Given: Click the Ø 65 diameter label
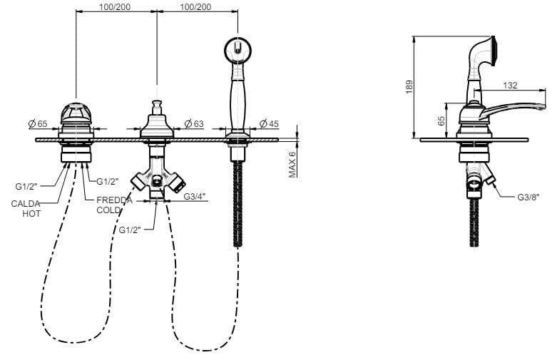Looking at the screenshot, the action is click(x=38, y=124).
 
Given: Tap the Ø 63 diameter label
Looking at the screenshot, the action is click(x=194, y=123).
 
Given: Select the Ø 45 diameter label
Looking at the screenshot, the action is click(x=269, y=123).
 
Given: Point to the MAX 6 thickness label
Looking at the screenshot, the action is click(x=292, y=165).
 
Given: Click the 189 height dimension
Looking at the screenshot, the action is click(x=409, y=87).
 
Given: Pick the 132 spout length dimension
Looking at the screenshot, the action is click(x=510, y=86).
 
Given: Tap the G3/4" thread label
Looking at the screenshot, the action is click(x=194, y=196).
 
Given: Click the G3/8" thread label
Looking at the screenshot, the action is click(x=528, y=197).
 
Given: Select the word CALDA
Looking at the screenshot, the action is click(x=26, y=204).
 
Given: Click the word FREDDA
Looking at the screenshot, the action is click(x=114, y=200).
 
